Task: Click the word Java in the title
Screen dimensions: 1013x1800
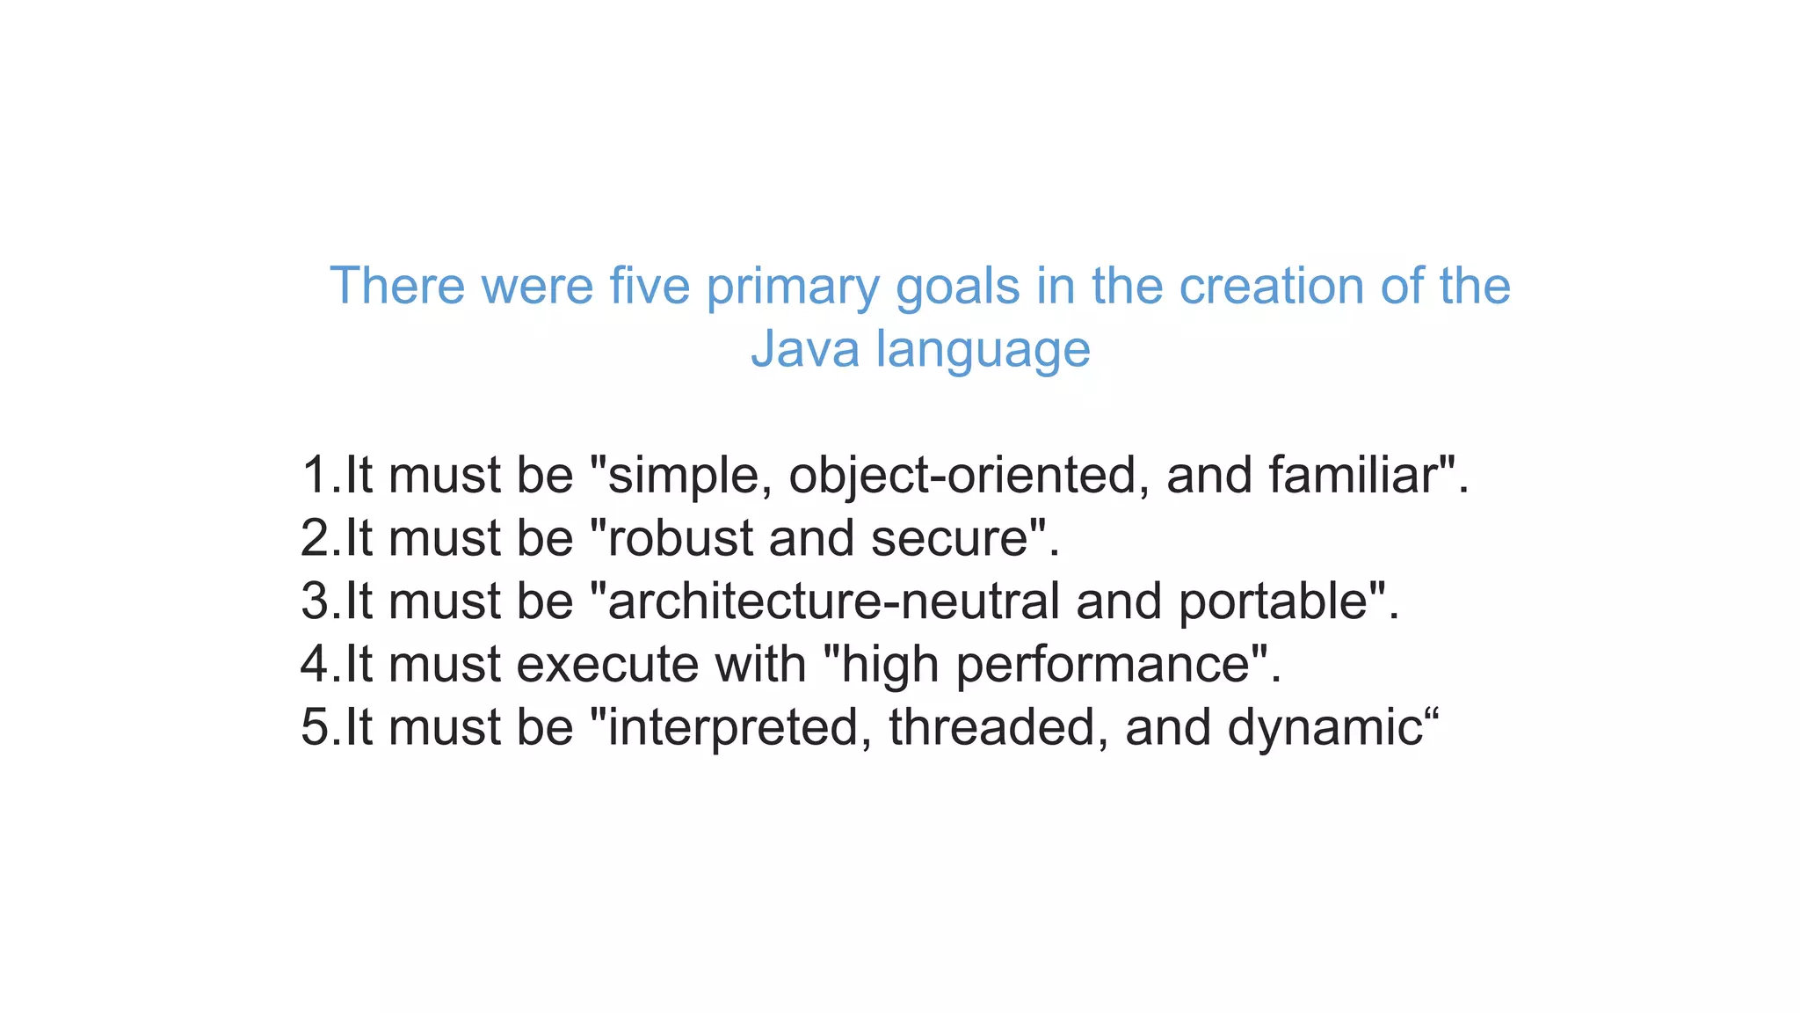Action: [x=804, y=348]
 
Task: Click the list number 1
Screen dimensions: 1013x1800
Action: [x=315, y=475]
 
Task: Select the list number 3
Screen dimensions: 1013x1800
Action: [x=315, y=601]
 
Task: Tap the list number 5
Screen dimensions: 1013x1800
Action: [x=315, y=727]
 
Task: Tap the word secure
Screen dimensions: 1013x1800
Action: [x=949, y=538]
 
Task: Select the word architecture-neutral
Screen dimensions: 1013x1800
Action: [x=833, y=601]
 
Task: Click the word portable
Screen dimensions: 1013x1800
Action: [x=1273, y=602]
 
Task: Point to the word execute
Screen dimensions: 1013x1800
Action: [x=607, y=665]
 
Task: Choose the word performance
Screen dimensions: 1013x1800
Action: [x=1102, y=666]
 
